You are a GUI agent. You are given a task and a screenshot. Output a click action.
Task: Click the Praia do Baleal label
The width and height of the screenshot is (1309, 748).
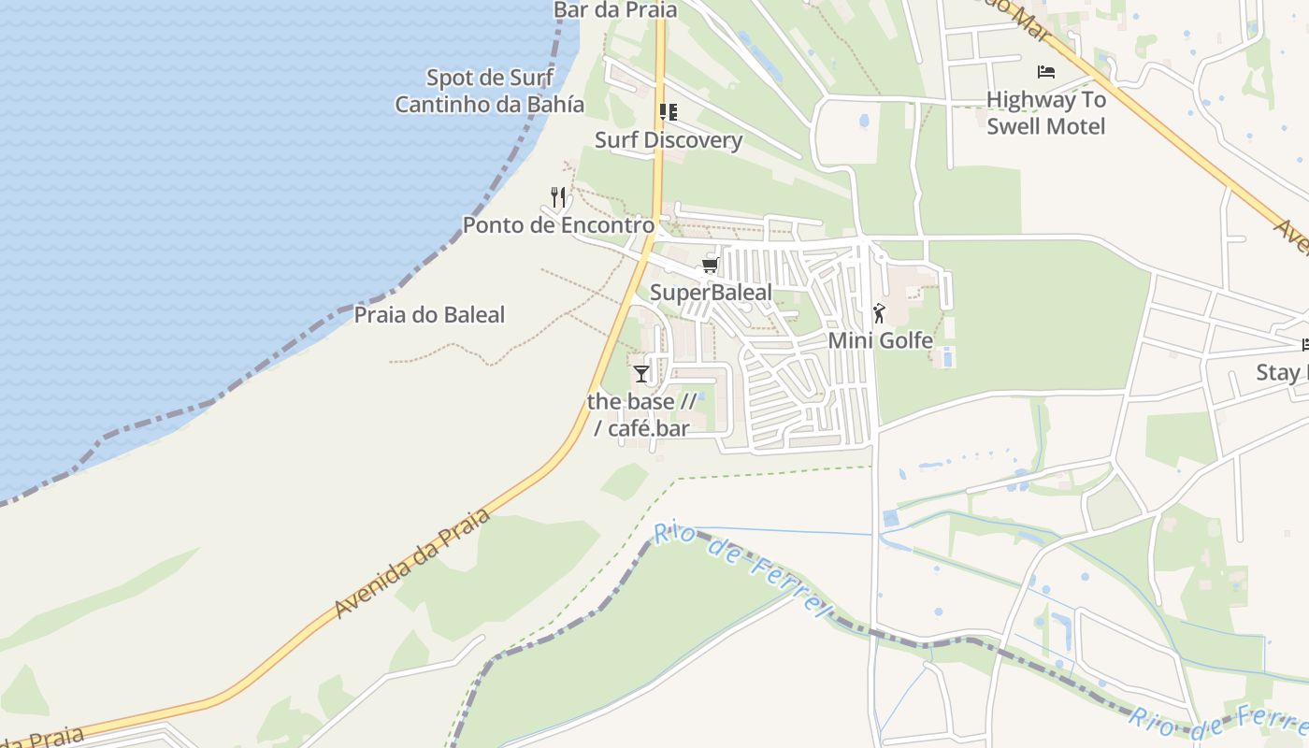[429, 315]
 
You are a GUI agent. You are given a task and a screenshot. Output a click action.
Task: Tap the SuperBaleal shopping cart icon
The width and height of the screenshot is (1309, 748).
[710, 266]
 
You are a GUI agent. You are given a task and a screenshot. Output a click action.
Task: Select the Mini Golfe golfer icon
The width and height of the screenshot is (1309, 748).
[878, 313]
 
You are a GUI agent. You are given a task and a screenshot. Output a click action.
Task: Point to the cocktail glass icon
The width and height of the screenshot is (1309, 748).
[640, 374]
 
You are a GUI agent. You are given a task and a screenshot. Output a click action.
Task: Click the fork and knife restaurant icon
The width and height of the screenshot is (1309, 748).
[558, 196]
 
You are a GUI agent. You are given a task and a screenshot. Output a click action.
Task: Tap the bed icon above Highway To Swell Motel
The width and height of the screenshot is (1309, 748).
[1046, 72]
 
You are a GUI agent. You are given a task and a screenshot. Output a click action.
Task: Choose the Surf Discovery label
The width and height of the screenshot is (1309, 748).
[669, 140]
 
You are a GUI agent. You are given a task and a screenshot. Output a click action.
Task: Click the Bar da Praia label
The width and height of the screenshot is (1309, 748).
[614, 10]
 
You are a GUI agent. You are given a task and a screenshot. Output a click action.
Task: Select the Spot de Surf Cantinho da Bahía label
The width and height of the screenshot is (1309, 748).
[489, 91]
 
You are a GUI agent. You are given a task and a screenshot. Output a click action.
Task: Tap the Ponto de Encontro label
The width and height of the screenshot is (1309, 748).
[558, 225]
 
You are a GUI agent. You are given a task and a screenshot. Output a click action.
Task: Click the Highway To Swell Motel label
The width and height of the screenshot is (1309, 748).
[1046, 113]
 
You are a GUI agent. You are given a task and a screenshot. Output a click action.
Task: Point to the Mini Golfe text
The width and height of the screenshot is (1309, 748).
[880, 340]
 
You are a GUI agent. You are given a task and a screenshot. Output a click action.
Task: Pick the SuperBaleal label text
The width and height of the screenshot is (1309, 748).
[711, 293]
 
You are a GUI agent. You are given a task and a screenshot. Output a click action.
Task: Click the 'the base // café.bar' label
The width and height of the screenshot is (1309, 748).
[642, 415]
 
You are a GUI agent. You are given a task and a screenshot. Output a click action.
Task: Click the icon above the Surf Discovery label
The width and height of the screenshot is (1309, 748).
[668, 113]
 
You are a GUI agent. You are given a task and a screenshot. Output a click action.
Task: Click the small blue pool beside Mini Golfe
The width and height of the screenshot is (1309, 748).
[948, 356]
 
